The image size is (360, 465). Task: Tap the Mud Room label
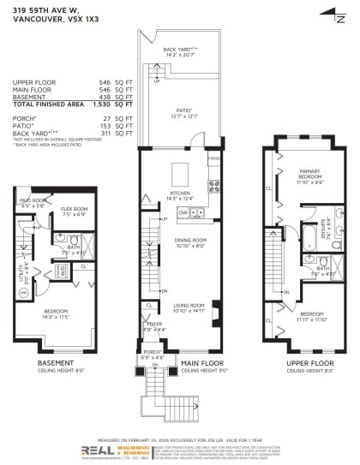click(34, 203)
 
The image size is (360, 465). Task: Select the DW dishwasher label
click(196, 212)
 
